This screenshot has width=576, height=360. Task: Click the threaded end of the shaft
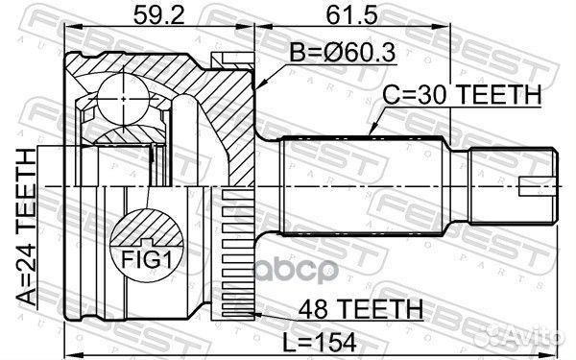(x=510, y=183)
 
